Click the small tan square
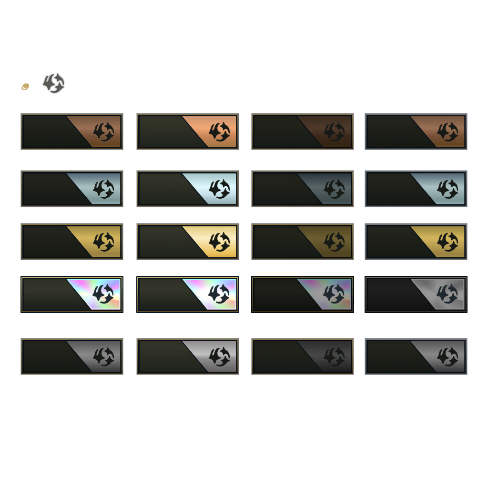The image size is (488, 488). point(25,87)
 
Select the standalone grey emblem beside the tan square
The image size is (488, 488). point(53,83)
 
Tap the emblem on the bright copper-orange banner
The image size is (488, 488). point(219,132)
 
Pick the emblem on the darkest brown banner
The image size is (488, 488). point(334,132)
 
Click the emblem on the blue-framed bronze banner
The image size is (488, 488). point(447,132)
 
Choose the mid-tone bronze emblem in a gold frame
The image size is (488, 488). point(103,132)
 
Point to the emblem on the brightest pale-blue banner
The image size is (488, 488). point(219,189)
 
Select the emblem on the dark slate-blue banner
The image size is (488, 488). point(334,189)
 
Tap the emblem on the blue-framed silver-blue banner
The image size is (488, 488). point(447,189)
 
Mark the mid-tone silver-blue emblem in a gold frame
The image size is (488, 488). point(103,189)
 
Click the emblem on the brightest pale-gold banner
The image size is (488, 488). point(219,242)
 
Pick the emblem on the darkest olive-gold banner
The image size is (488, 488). point(334,242)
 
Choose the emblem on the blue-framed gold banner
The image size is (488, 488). point(447,242)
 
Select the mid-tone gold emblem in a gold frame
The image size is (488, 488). point(103,242)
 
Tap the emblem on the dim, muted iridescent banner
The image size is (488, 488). point(334,295)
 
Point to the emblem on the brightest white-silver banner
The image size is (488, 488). point(219,356)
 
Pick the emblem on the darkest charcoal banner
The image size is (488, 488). point(334,356)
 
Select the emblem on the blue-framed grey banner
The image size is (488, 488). point(447,356)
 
